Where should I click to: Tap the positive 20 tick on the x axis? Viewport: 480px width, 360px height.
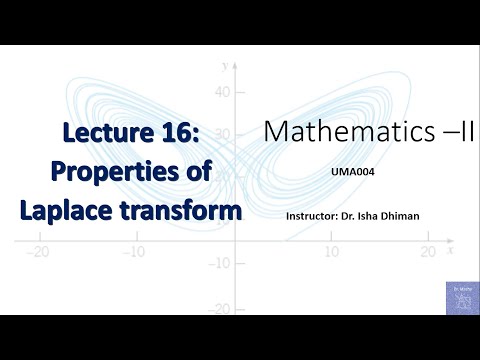(429, 253)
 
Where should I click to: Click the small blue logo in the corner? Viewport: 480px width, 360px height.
(461, 296)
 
